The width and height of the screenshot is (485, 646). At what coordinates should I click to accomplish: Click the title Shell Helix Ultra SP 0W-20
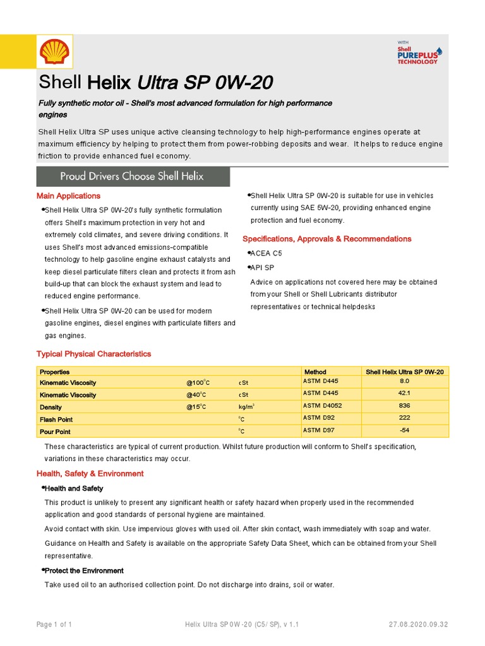point(157,83)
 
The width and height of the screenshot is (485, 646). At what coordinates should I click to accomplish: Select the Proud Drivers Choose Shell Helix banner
point(133,177)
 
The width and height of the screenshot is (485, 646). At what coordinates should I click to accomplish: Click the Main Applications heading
point(68,196)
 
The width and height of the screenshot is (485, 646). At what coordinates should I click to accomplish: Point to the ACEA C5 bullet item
point(266,253)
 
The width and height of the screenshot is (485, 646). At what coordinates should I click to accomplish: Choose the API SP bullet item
point(262,267)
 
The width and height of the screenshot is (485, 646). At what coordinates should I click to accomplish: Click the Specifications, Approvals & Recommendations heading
point(326,239)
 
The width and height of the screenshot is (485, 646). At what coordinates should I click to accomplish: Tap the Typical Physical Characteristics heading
point(93,354)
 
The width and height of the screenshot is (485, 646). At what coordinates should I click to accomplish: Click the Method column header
point(315,372)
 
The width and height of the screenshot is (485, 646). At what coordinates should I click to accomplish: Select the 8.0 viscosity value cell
point(404,382)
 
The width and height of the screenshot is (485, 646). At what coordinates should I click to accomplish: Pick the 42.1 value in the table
point(404,394)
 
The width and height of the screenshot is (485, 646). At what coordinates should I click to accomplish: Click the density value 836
point(404,406)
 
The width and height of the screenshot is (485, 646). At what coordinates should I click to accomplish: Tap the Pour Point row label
point(56,432)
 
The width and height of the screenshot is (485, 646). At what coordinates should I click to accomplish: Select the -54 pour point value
point(404,431)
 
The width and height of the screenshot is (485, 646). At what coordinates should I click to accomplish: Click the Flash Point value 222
point(404,419)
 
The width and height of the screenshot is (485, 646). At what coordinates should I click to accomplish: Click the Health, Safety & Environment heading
point(90,474)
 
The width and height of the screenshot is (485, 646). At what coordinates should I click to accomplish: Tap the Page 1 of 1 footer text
point(54,625)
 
